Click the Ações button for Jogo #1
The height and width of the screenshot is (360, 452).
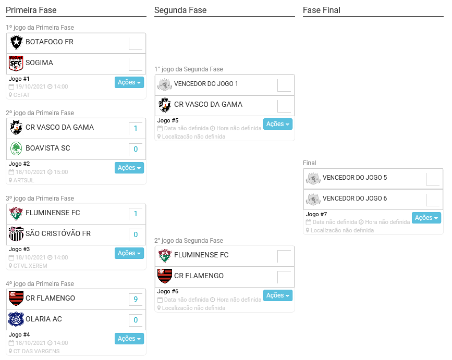click(x=129, y=82)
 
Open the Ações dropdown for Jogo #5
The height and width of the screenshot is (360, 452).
click(x=277, y=124)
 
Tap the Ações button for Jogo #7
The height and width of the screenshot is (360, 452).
click(x=426, y=218)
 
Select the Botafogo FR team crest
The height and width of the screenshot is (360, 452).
click(x=16, y=42)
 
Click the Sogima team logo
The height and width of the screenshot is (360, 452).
click(x=16, y=63)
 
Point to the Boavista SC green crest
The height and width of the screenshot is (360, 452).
click(x=16, y=148)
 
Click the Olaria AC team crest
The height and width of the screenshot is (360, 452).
click(x=16, y=319)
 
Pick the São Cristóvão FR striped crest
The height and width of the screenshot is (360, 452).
click(x=16, y=234)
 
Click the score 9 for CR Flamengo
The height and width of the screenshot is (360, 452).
click(x=136, y=299)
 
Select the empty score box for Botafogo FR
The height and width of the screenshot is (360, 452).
click(x=136, y=43)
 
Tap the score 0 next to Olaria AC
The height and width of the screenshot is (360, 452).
click(x=136, y=320)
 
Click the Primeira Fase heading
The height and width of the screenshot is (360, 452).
click(x=31, y=10)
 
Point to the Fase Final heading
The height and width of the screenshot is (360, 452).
click(x=322, y=10)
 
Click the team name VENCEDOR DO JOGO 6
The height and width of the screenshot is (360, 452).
click(x=355, y=198)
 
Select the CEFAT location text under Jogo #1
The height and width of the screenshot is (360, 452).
click(x=21, y=95)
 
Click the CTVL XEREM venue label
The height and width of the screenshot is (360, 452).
click(x=30, y=266)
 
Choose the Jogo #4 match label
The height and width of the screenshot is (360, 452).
click(x=20, y=334)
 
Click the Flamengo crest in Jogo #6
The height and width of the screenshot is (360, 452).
click(x=165, y=276)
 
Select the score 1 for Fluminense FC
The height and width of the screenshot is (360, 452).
click(x=136, y=214)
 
